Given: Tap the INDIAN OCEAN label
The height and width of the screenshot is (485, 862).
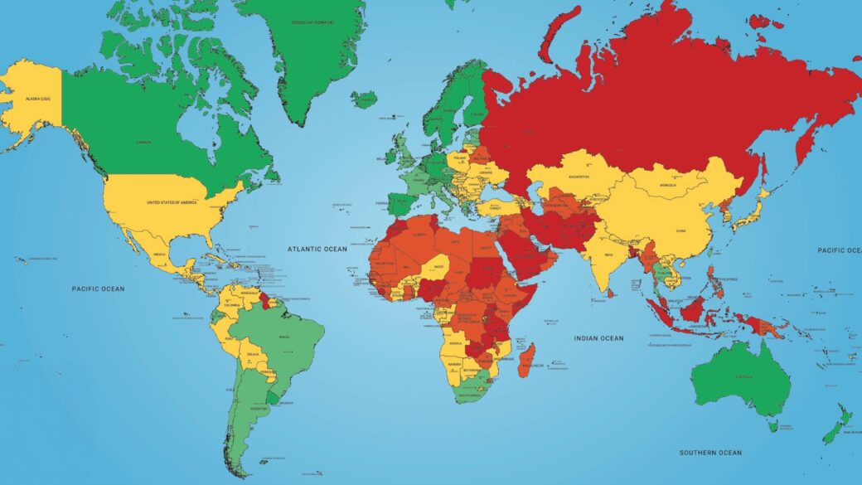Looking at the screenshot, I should (598, 338).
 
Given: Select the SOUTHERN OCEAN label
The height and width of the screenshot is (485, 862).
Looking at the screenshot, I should (710, 453).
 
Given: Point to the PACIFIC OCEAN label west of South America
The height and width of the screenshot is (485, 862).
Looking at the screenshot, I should (97, 289).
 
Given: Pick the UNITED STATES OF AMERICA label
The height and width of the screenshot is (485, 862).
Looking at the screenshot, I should (176, 202).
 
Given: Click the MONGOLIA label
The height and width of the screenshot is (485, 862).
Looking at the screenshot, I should (667, 185).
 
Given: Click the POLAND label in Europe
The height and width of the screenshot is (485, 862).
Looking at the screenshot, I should (460, 156).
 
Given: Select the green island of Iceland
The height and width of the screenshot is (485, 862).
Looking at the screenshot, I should (364, 99).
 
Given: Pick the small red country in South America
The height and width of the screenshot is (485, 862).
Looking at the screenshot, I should (264, 296).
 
